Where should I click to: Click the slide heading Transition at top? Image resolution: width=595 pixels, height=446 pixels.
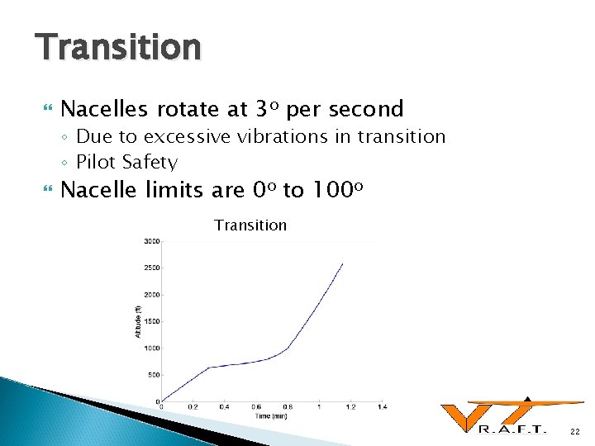click(x=117, y=47)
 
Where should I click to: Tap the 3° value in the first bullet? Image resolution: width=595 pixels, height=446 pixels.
click(x=267, y=108)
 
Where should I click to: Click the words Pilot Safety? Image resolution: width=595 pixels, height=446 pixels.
click(x=126, y=162)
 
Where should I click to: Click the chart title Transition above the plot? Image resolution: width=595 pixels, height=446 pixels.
click(x=250, y=225)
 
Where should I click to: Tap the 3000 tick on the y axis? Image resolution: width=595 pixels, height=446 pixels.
click(x=151, y=241)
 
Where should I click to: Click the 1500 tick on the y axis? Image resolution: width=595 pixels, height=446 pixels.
click(x=151, y=321)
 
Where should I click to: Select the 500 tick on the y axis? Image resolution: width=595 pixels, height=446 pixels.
click(x=153, y=375)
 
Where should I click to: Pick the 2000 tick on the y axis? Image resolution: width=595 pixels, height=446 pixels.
click(x=151, y=295)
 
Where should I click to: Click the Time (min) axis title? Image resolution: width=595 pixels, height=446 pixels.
click(x=272, y=415)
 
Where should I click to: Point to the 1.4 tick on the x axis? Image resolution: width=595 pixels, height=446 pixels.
click(x=382, y=407)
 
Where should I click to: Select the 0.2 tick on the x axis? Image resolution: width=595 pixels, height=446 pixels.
click(x=193, y=407)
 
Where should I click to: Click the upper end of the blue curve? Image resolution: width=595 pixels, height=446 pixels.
click(x=342, y=263)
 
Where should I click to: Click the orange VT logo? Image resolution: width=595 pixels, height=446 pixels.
click(x=504, y=412)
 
